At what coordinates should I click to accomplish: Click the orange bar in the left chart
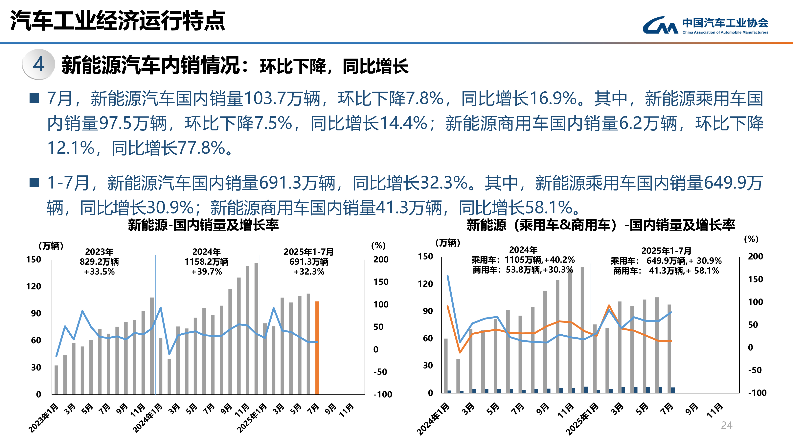[x=317, y=348]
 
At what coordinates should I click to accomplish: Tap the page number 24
[x=727, y=425]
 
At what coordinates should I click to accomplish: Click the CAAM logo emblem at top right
[x=660, y=25]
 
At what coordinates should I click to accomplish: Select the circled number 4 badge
[x=39, y=64]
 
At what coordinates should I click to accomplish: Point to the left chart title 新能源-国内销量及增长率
[x=203, y=225]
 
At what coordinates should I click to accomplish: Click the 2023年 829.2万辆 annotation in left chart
[x=99, y=262]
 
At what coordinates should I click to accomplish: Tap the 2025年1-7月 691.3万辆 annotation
[x=309, y=262]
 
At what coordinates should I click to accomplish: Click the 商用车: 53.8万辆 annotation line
[x=523, y=270]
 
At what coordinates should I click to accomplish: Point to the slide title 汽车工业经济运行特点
[x=118, y=21]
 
